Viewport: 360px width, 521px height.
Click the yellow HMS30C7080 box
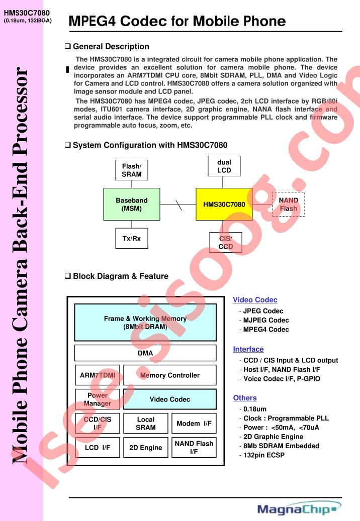coord(224,204)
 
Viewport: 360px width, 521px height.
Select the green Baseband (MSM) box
coord(132,204)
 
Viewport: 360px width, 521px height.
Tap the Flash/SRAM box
coord(132,170)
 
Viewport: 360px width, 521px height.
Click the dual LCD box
coord(224,166)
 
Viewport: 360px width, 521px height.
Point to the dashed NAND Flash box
coord(289,204)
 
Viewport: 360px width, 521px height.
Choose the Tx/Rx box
coord(132,238)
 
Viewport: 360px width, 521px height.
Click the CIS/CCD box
coord(226,243)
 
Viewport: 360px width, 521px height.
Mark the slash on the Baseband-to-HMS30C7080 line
coord(179,204)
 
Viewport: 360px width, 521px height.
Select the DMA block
coord(145,353)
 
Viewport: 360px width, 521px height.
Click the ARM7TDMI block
coord(98,375)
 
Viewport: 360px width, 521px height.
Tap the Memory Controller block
coord(170,375)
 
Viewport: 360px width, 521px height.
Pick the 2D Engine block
coord(146,448)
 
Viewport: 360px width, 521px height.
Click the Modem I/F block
coord(194,424)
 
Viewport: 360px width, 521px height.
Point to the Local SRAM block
coord(146,424)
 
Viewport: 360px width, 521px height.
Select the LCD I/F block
coord(98,448)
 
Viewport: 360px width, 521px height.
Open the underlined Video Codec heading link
coord(255,300)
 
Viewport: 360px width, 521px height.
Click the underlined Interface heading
coord(248,349)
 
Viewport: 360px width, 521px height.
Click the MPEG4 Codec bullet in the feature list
coord(264,329)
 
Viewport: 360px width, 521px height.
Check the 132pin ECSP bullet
coord(262,455)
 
